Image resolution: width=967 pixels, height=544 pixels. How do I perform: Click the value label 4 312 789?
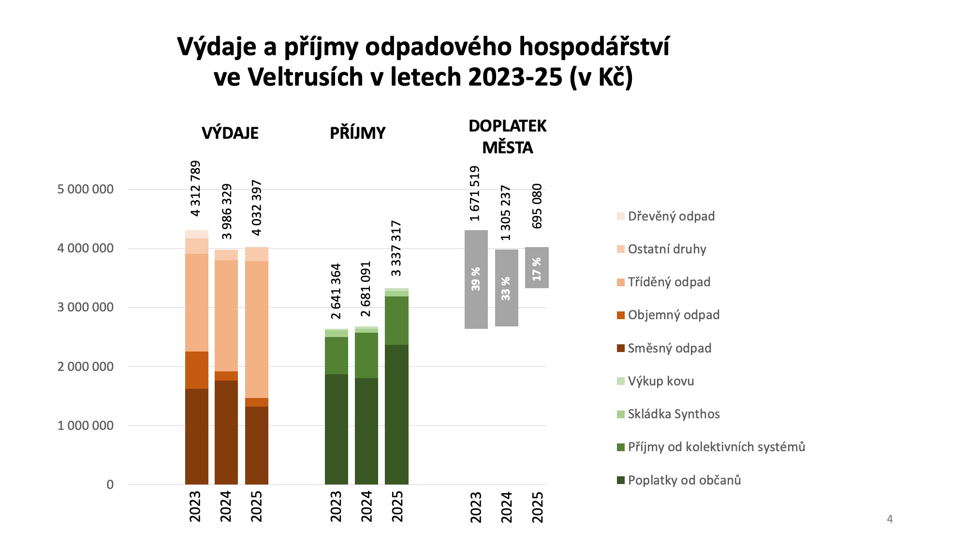195,189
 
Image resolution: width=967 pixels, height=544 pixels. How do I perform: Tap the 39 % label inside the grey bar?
476,279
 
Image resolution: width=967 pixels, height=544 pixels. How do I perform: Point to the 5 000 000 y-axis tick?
86,189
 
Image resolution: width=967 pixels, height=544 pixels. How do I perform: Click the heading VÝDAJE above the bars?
230,133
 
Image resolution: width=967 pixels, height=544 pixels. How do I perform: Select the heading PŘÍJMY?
358,133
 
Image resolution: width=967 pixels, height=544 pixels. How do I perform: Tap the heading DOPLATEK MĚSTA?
507,137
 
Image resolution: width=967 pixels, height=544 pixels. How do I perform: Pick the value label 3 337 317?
396,248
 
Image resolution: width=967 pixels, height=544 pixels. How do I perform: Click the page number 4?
890,519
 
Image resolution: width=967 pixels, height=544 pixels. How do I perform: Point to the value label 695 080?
537,206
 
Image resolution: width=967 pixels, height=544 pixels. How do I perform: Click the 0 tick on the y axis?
110,485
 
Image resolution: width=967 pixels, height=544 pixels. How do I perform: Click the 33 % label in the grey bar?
506,289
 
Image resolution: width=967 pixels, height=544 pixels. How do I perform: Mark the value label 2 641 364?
336,291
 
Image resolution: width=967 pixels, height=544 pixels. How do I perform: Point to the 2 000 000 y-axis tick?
86,367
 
